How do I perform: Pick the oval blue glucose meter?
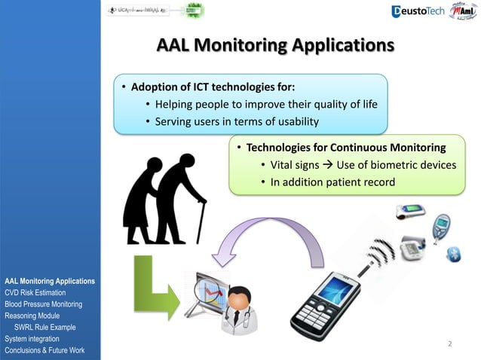click(440, 225)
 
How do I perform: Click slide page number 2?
click(449, 344)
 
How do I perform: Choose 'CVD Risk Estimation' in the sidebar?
click(35, 292)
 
